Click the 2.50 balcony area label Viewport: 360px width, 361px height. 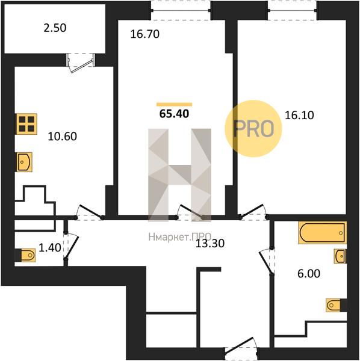(55, 28)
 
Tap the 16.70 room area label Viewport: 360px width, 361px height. (145, 34)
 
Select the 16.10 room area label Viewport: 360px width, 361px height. (299, 115)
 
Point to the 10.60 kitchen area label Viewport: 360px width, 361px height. (62, 137)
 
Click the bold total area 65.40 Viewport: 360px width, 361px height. (174, 114)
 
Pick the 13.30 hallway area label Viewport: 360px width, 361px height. (210, 243)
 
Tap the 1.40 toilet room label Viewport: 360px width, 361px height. (50, 248)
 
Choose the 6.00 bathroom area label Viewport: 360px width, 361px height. (309, 274)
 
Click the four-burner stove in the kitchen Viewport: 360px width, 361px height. (26, 124)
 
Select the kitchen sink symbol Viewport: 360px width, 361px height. (24, 162)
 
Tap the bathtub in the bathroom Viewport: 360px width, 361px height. (322, 232)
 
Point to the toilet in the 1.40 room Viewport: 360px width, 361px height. (25, 255)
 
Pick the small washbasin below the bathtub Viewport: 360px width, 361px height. (340, 256)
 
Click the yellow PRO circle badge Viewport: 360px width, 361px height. (253, 129)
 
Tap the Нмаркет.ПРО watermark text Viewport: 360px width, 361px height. (179, 236)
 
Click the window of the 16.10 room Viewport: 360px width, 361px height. (293, 10)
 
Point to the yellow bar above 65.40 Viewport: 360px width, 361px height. (174, 105)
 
